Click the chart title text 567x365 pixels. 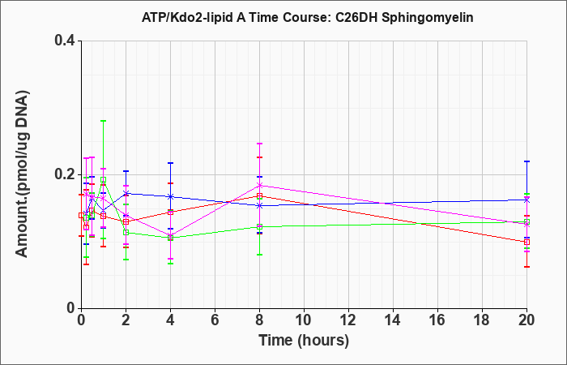pyautogui.click(x=307, y=17)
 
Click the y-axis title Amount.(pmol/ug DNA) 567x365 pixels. pyautogui.click(x=22, y=174)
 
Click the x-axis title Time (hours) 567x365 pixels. pyautogui.click(x=304, y=341)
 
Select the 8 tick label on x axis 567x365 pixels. pyautogui.click(x=259, y=320)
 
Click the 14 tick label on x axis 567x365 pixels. pyautogui.click(x=393, y=320)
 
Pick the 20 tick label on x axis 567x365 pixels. pyautogui.click(x=526, y=320)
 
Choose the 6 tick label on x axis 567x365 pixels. pyautogui.click(x=215, y=320)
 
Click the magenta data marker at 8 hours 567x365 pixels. pyautogui.click(x=259, y=186)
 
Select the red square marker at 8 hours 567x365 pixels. pyautogui.click(x=259, y=196)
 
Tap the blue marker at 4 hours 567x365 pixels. pyautogui.click(x=170, y=196)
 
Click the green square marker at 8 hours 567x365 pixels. pyautogui.click(x=259, y=227)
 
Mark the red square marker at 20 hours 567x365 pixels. pyautogui.click(x=526, y=242)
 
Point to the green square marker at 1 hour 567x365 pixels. pyautogui.click(x=104, y=179)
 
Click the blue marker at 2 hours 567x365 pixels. pyautogui.click(x=126, y=193)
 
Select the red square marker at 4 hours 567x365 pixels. pyautogui.click(x=170, y=213)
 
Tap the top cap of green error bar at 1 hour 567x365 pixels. pyautogui.click(x=104, y=121)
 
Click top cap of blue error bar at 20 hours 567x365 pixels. pyautogui.click(x=526, y=161)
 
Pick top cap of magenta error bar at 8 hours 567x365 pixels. pyautogui.click(x=259, y=144)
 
